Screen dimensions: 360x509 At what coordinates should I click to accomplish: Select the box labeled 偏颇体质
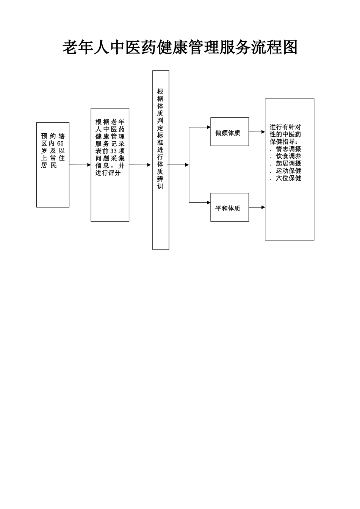(x=229, y=132)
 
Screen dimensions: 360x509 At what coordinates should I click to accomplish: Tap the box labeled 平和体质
(x=229, y=207)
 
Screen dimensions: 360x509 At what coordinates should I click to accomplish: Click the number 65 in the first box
(x=61, y=144)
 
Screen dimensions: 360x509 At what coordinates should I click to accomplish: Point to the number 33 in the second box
(x=113, y=151)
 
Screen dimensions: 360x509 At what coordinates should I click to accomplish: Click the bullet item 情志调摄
(x=288, y=149)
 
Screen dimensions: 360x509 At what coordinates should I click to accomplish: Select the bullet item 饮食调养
(x=288, y=156)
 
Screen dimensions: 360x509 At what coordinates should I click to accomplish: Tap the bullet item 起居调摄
(x=288, y=164)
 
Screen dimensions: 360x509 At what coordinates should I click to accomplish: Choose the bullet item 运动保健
(x=288, y=171)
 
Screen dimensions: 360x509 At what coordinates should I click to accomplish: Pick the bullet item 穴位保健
(x=288, y=178)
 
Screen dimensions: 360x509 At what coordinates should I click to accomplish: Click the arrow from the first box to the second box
(x=80, y=165)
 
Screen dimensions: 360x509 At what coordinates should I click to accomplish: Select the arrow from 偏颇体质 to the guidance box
(x=257, y=132)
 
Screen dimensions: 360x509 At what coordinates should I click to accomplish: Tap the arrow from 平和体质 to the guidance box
(x=257, y=207)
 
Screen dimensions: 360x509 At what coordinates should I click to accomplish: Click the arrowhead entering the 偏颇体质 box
(x=208, y=127)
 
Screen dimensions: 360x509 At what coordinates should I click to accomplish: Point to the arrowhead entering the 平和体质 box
(x=208, y=203)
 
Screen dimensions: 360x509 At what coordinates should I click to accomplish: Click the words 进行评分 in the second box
(x=108, y=173)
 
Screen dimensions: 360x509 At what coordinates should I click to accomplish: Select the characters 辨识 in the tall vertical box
(x=160, y=182)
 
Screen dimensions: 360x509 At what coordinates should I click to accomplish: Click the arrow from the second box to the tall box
(x=140, y=165)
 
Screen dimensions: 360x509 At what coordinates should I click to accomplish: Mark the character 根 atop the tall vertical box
(x=160, y=91)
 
